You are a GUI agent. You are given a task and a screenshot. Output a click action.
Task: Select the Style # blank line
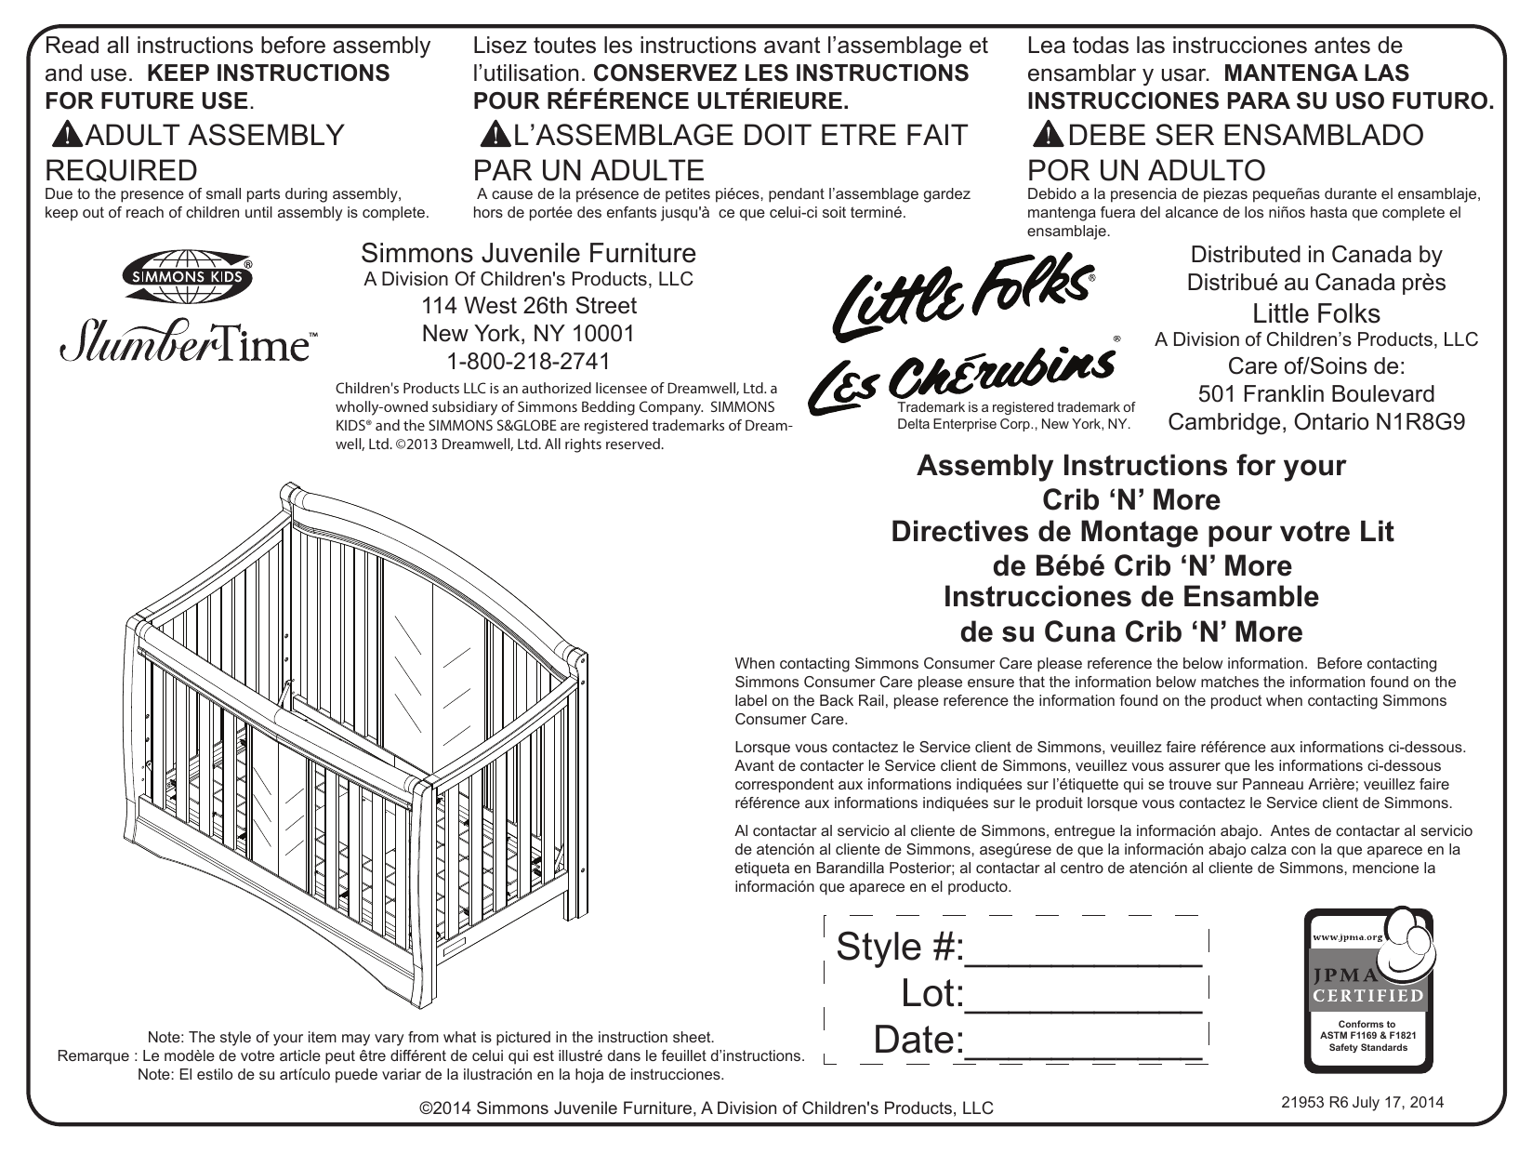click(1084, 952)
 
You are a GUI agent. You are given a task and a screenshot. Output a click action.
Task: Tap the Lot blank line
click(1084, 999)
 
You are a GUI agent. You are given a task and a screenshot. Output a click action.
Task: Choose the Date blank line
click(1084, 1044)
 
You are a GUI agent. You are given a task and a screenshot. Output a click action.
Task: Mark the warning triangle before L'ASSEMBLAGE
click(495, 136)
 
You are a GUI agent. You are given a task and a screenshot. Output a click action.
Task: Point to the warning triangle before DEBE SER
click(1048, 136)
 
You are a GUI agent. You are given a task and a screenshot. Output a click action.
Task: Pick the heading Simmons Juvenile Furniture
click(528, 253)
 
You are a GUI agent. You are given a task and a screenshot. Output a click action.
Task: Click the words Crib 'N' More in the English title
click(1130, 500)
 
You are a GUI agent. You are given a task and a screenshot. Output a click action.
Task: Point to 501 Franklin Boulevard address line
click(1316, 394)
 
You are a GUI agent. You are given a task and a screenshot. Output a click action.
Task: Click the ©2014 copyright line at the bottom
click(707, 1108)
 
